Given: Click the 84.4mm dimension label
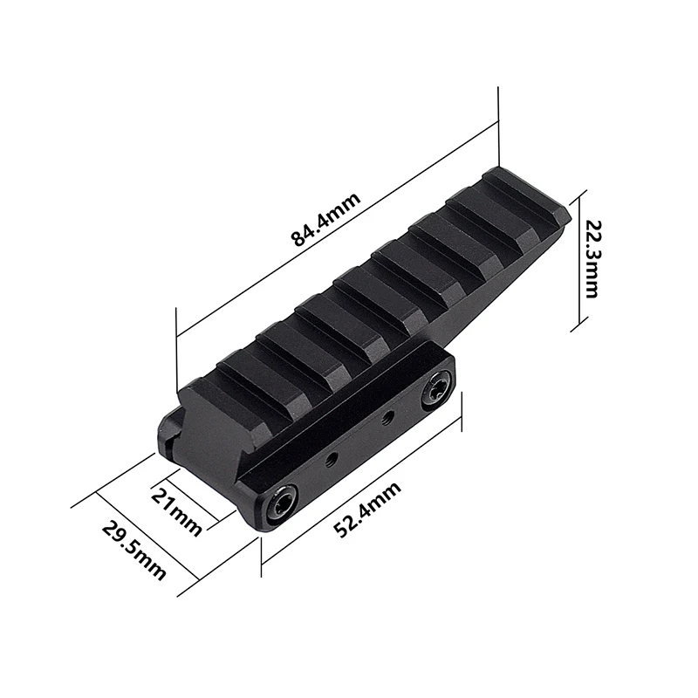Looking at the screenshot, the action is coord(325,220).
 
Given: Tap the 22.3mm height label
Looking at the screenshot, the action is coord(592,259).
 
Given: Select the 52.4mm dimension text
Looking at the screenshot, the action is coord(367,510).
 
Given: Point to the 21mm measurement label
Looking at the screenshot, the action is coord(176,511).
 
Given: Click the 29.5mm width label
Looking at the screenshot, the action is coord(134,551).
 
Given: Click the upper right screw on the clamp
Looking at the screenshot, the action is coord(435,391).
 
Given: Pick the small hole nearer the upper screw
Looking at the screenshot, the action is coord(388,416).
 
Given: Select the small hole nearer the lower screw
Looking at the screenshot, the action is coord(331,457).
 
